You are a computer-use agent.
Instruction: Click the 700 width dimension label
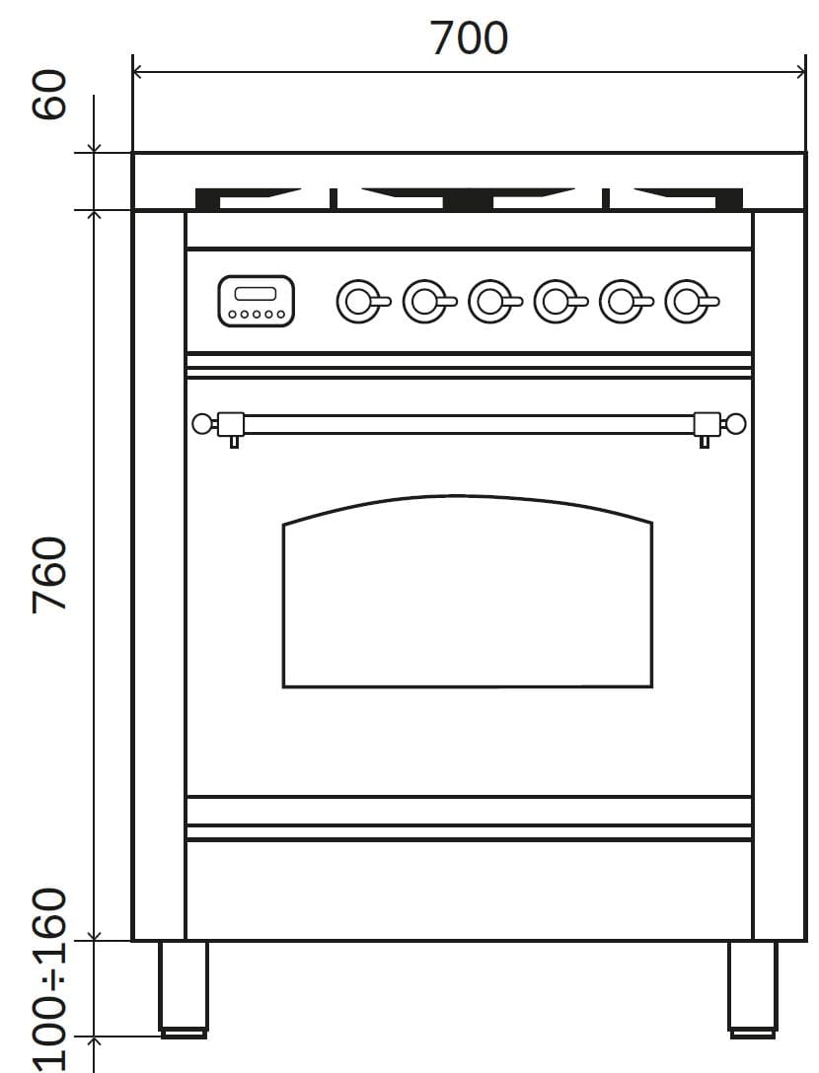click(470, 37)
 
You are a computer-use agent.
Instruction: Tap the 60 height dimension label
click(50, 95)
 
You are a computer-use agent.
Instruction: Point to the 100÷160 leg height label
click(50, 980)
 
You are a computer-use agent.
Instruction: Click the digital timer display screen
click(256, 294)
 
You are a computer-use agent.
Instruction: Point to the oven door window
click(468, 592)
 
